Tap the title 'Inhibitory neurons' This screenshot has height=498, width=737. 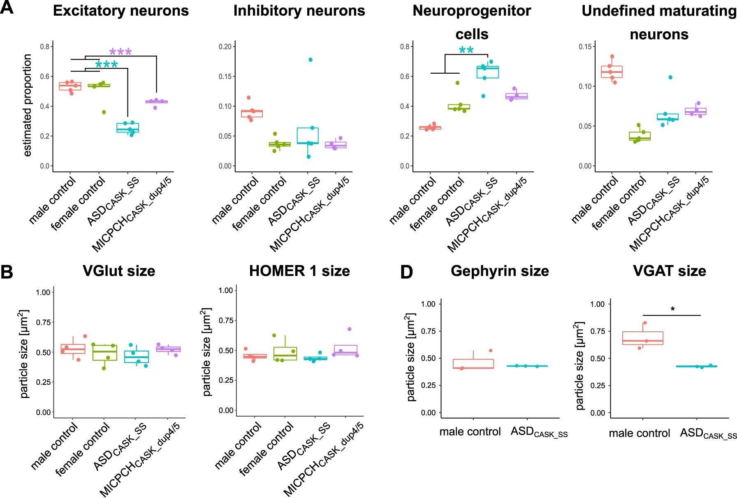pyautogui.click(x=299, y=11)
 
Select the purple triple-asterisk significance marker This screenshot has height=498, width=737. pyautogui.click(x=121, y=52)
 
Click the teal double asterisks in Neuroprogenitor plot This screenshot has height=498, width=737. pyautogui.click(x=466, y=51)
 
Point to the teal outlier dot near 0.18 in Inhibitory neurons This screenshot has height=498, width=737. pyautogui.click(x=311, y=60)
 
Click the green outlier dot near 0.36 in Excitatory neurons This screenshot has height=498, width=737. pyautogui.click(x=104, y=112)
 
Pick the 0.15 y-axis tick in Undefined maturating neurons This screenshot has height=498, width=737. pyautogui.click(x=587, y=47)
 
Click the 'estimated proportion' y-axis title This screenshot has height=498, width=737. pyautogui.click(x=28, y=105)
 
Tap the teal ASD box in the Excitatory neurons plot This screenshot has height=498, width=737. pyautogui.click(x=127, y=128)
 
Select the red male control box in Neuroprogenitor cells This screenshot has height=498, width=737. pyautogui.click(x=430, y=128)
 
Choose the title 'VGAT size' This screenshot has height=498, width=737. pyautogui.click(x=670, y=271)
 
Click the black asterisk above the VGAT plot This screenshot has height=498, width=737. pyautogui.click(x=673, y=309)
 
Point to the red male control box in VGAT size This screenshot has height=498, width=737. pyautogui.click(x=642, y=338)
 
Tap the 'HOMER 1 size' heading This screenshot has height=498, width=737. pyautogui.click(x=299, y=271)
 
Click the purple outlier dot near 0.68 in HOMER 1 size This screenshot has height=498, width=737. pyautogui.click(x=350, y=329)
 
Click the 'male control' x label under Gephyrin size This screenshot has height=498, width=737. pyautogui.click(x=470, y=432)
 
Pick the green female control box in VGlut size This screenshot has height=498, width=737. pyautogui.click(x=104, y=353)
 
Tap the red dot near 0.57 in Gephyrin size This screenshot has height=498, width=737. pyautogui.click(x=491, y=351)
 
